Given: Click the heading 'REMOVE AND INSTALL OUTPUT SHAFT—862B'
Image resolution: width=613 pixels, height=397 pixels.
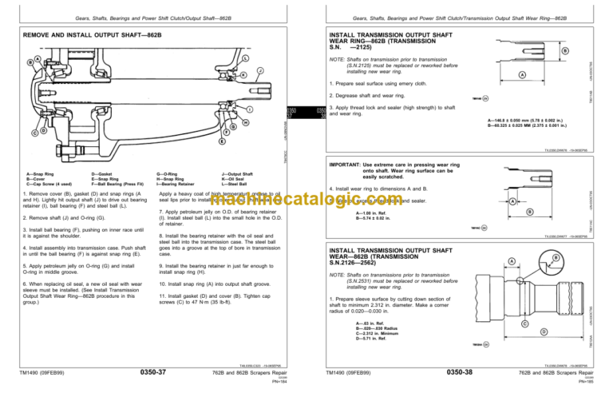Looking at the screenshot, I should pos(87,37).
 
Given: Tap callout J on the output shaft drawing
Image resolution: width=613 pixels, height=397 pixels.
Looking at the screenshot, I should pos(260,70).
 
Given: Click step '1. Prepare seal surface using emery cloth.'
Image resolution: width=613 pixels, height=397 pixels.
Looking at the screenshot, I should pos(387,82).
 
